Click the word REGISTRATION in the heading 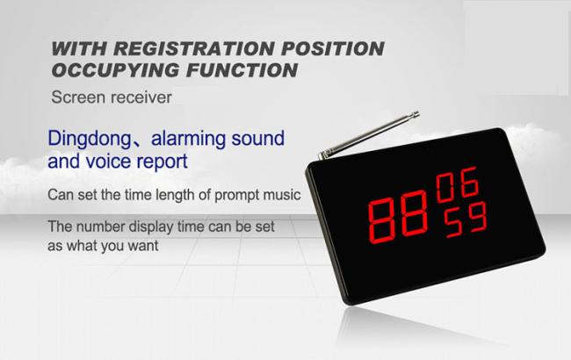click(193, 49)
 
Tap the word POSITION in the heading click(333, 49)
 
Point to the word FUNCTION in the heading click(242, 70)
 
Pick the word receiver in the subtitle click(141, 97)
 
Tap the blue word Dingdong click(90, 139)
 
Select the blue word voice click(109, 161)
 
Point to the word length click(175, 196)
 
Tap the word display click(151, 227)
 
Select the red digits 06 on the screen click(458, 184)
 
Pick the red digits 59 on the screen click(466, 220)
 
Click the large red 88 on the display click(398, 217)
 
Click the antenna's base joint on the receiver click(322, 155)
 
